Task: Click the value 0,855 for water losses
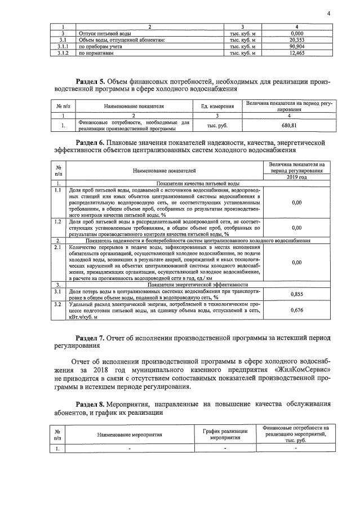pyautogui.click(x=296, y=294)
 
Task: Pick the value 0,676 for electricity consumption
pyautogui.click(x=296, y=309)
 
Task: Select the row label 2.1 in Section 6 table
pyautogui.click(x=57, y=247)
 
